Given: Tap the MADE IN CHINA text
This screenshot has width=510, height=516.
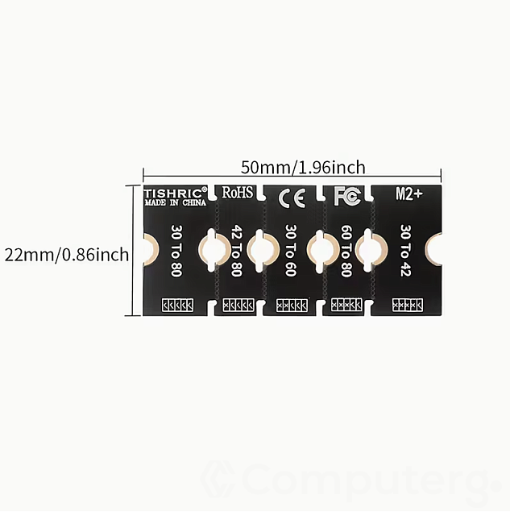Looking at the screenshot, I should [175, 203].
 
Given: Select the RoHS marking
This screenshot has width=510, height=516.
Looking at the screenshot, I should [237, 193].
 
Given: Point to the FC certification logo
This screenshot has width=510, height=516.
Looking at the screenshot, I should [346, 196].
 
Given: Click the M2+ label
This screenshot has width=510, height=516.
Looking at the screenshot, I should [409, 193].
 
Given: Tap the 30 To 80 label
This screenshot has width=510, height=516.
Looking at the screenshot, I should [176, 251].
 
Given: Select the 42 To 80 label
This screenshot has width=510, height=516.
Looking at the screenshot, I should [236, 251].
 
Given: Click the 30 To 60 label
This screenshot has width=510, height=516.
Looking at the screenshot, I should [291, 251].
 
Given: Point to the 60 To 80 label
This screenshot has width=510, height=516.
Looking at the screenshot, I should [346, 251].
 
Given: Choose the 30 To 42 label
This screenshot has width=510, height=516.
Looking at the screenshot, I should [405, 251].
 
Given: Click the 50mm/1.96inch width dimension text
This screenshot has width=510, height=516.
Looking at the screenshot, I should [303, 168].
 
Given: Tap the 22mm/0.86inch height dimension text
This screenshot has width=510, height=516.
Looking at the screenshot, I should [66, 256].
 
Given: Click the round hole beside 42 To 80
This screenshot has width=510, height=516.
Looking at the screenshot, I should [214, 249].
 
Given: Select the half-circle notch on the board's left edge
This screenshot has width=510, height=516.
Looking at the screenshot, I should [148, 249].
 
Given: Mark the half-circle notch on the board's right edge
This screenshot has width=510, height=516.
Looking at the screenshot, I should [436, 249].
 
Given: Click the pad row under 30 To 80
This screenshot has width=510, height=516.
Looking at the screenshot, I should [178, 305].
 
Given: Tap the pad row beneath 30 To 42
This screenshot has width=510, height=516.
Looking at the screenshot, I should [408, 305].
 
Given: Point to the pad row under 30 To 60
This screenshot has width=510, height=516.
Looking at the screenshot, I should [292, 305].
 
